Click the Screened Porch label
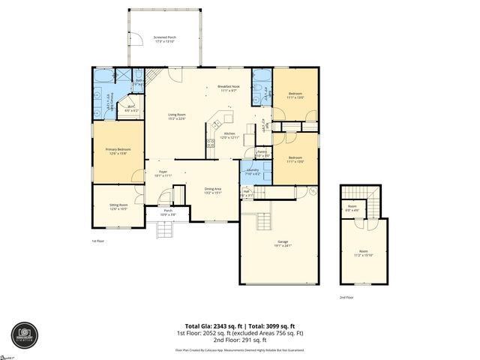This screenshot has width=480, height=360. tap(164, 37)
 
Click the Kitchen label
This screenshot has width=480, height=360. tap(229, 136)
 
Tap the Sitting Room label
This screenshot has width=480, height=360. tap(118, 206)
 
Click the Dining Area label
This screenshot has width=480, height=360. tap(213, 190)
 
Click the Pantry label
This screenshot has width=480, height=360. tap(262, 154)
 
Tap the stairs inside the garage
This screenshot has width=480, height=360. tap(263, 222)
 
